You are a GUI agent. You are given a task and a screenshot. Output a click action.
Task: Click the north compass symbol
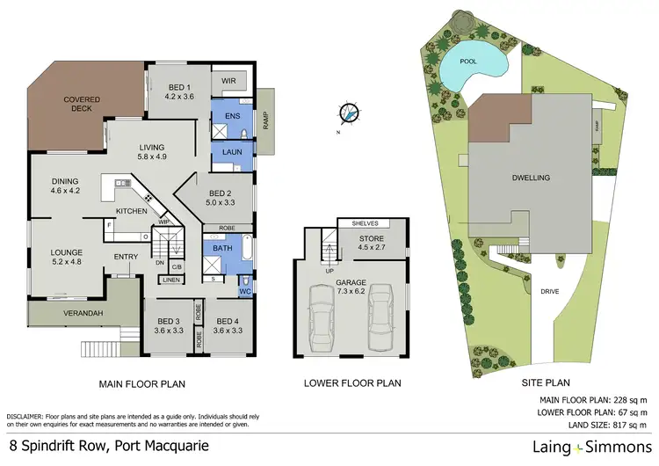click(350, 113)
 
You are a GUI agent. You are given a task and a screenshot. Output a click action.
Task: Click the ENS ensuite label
click(232, 116)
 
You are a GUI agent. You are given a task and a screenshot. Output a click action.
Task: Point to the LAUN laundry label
click(232, 151)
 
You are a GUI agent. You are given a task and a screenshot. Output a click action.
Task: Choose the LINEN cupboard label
click(171, 280)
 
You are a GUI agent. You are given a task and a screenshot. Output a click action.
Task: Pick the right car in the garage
click(381, 314)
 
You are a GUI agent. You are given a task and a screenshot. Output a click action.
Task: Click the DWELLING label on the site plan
click(531, 177)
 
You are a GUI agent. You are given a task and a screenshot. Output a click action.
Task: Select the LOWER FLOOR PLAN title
click(351, 383)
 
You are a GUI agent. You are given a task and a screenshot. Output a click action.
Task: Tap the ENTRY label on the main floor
click(127, 257)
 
